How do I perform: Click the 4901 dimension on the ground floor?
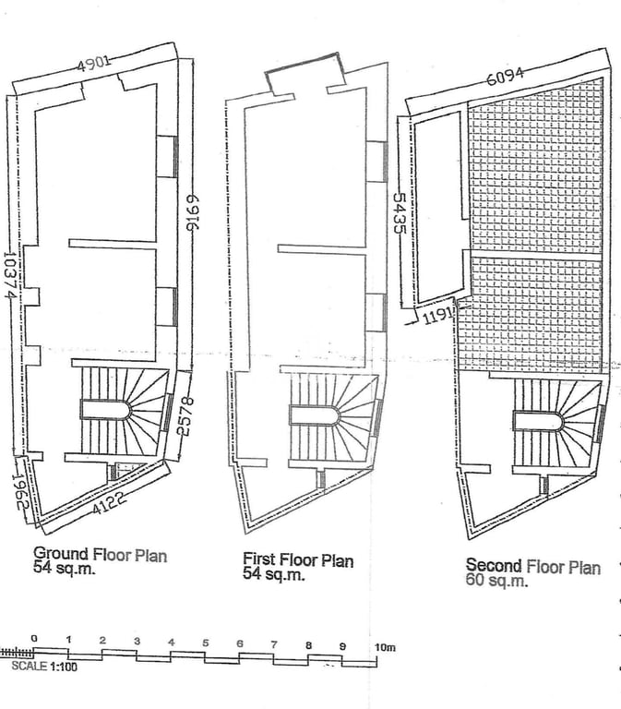[93, 64]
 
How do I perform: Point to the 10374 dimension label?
[10, 275]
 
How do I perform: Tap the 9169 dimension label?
[193, 212]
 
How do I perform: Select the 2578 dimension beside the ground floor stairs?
[185, 416]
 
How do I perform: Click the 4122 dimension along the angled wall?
[110, 503]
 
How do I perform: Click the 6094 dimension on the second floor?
[506, 77]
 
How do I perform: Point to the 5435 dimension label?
[400, 213]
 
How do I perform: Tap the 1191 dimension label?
[437, 316]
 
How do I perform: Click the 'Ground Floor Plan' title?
[101, 554]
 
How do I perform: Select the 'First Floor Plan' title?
[298, 559]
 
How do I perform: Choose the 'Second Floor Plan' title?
[533, 566]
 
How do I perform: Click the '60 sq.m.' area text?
[496, 580]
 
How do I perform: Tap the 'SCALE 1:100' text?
[44, 666]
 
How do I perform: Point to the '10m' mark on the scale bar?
[385, 647]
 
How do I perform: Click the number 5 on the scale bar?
[206, 643]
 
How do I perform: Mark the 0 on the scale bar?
[34, 639]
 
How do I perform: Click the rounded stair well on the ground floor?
[106, 410]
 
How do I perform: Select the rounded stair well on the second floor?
[538, 421]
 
